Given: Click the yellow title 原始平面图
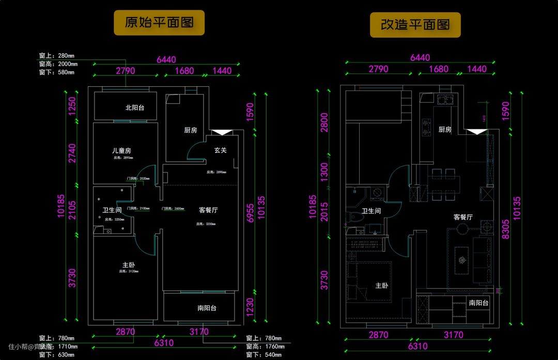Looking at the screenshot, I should pyautogui.click(x=159, y=23).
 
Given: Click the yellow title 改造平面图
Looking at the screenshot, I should pyautogui.click(x=415, y=25).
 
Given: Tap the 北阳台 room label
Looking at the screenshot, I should pyautogui.click(x=135, y=108).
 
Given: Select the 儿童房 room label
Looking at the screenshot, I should pyautogui.click(x=121, y=151).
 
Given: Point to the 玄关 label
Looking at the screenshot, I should pyautogui.click(x=221, y=150).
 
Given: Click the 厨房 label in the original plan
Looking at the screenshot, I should pyautogui.click(x=190, y=130).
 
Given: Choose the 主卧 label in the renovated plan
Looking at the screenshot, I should pyautogui.click(x=381, y=286).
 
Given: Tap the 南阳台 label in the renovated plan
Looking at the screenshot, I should pyautogui.click(x=479, y=303).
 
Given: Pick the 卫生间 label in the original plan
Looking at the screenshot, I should pyautogui.click(x=112, y=210).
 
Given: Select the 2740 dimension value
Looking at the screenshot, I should pyautogui.click(x=72, y=153).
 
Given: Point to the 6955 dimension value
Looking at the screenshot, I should pyautogui.click(x=250, y=212).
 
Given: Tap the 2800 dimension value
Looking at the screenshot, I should pyautogui.click(x=324, y=123).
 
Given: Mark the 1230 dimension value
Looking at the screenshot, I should pyautogui.click(x=250, y=307).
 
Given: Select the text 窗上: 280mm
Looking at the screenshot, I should pyautogui.click(x=57, y=56).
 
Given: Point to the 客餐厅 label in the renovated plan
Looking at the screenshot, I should pyautogui.click(x=463, y=217).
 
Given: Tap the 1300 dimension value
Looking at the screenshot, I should pyautogui.click(x=324, y=170).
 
